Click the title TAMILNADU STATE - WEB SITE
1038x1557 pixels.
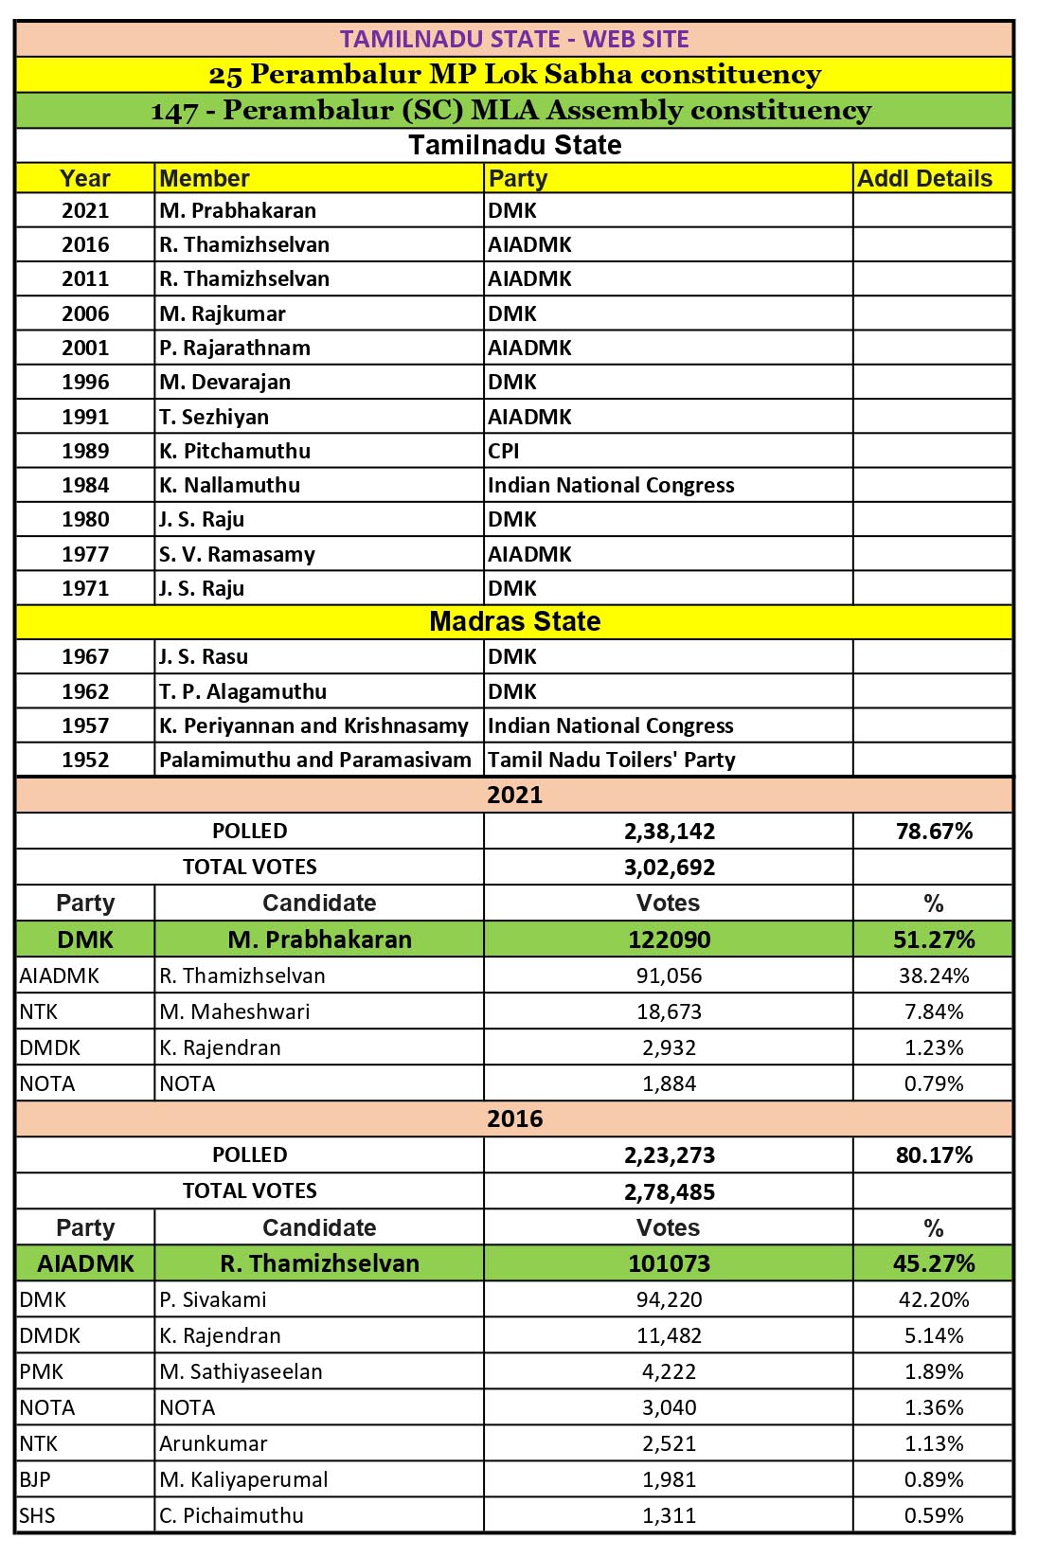tap(514, 40)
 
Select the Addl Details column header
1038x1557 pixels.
tap(924, 178)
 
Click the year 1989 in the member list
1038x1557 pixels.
tap(85, 451)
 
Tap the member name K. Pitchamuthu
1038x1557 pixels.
tap(235, 451)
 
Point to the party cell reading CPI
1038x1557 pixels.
tap(504, 451)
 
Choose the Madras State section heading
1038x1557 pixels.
tap(514, 621)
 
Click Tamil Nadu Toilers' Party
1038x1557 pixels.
tap(612, 760)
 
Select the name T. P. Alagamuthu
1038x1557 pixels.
tap(242, 691)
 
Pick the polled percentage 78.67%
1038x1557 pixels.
tap(934, 831)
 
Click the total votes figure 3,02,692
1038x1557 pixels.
tap(670, 868)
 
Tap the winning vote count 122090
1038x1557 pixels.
tap(670, 940)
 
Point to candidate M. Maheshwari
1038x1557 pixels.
tap(235, 1011)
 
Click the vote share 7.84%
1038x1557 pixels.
tap(934, 1011)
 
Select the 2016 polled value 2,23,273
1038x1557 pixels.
tap(670, 1155)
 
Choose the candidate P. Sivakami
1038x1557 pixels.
tap(213, 1299)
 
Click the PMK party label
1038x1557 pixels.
tap(42, 1371)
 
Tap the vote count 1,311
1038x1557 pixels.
tap(670, 1515)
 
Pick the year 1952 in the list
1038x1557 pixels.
tap(85, 760)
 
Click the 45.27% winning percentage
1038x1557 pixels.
tap(934, 1263)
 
